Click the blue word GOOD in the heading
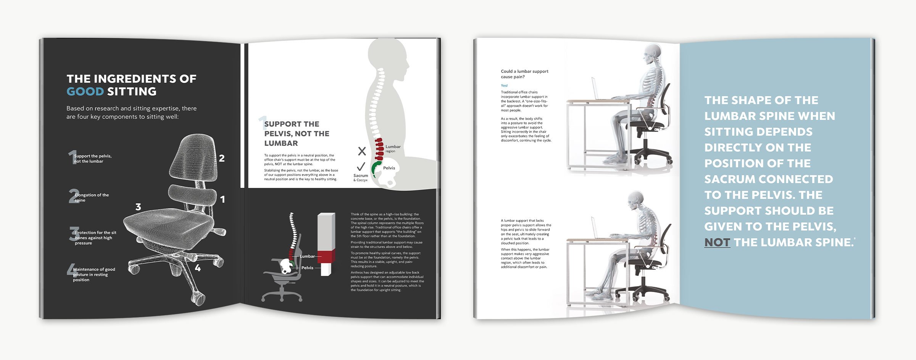pyautogui.click(x=85, y=92)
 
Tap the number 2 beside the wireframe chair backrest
pyautogui.click(x=222, y=158)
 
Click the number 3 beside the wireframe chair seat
pyautogui.click(x=138, y=207)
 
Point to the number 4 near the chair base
pyautogui.click(x=198, y=268)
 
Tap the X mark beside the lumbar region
pyautogui.click(x=362, y=151)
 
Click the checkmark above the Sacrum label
pyautogui.click(x=361, y=167)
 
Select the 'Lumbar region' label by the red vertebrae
pyautogui.click(x=393, y=149)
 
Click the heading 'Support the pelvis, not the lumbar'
pyautogui.click(x=297, y=134)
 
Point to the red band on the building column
pyautogui.click(x=326, y=257)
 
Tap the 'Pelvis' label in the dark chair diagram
pyautogui.click(x=307, y=268)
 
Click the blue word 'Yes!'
pyautogui.click(x=504, y=86)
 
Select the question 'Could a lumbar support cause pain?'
pyautogui.click(x=524, y=74)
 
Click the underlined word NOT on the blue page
pyautogui.click(x=717, y=242)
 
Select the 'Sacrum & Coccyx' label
pyautogui.click(x=361, y=178)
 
